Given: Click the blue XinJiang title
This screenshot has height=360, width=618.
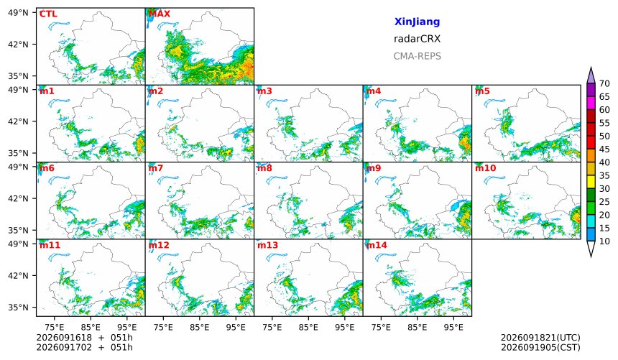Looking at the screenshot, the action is [417, 22].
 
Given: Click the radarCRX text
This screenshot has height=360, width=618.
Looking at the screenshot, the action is [417, 39].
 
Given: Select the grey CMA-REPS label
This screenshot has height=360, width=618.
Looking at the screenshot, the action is [417, 56].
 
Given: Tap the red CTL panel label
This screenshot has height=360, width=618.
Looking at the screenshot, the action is [48, 14].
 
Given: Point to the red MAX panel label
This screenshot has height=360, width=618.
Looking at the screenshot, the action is [160, 14].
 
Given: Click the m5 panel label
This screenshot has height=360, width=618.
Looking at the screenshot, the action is [482, 91].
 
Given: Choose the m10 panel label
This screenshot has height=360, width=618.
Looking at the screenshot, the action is [485, 168].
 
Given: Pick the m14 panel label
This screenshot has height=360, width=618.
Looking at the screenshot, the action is [377, 245].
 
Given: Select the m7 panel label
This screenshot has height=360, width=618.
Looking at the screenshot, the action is [156, 168].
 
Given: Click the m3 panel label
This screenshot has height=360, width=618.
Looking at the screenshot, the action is [264, 91].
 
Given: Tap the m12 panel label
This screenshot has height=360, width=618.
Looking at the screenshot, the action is [158, 245].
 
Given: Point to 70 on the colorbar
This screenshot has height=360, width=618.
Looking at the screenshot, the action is [604, 83].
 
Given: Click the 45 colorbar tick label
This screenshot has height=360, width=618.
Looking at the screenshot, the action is [604, 149].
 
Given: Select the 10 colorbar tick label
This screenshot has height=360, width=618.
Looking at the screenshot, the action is [604, 241].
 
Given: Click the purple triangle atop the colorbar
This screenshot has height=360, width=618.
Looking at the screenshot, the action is [591, 75].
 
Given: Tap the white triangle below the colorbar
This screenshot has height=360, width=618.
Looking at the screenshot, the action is [591, 249].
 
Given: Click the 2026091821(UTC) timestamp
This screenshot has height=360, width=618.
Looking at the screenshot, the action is [540, 338].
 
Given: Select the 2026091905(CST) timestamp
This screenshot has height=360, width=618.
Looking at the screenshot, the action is [540, 347].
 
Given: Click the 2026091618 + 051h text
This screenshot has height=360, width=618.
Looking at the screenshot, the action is [84, 338].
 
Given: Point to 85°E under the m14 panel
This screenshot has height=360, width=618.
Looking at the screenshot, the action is [418, 327].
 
